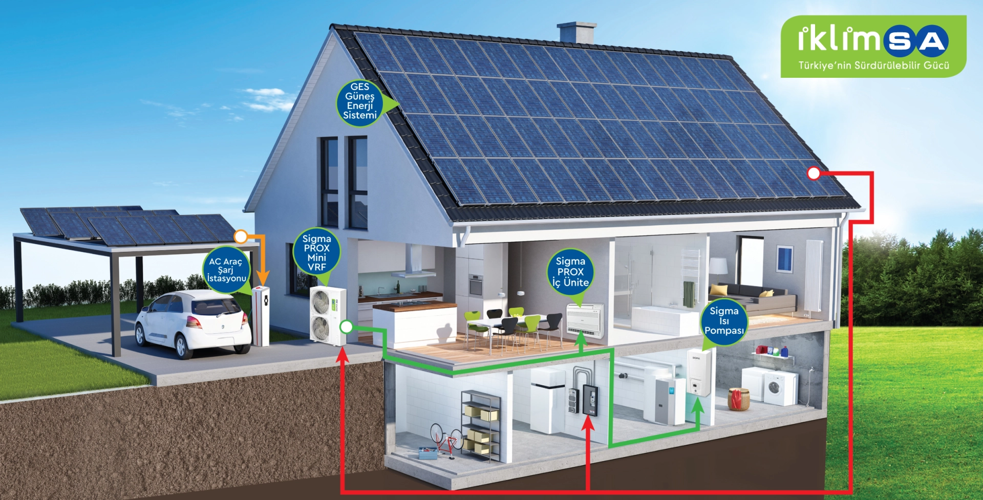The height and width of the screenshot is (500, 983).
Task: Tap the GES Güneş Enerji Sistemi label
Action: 360,101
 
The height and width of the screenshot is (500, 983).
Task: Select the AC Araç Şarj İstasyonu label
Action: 226,270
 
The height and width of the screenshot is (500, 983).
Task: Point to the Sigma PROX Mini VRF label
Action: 316,252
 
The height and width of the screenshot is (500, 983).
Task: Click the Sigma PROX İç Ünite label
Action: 570,272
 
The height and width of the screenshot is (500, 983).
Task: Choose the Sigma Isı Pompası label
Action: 724,321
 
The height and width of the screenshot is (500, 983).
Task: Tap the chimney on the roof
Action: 576,32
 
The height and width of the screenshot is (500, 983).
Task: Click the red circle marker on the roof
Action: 814,173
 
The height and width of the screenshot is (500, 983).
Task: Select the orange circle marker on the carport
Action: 241,236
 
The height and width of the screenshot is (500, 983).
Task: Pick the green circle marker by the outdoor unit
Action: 347,327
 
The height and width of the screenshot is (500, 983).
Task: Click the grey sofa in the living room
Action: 750,299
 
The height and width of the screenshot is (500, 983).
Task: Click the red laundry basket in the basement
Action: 739,399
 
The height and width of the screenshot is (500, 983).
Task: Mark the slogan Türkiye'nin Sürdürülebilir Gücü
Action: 873,66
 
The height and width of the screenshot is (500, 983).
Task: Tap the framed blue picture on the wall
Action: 784,258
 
